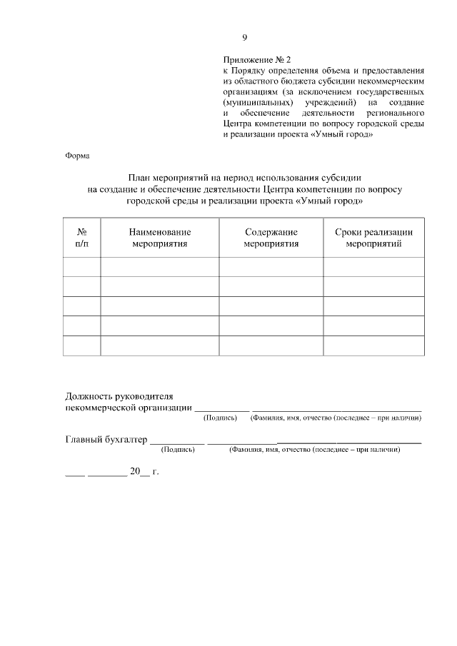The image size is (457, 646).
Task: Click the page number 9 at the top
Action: pyautogui.click(x=244, y=38)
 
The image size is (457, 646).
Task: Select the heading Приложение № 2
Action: pyautogui.click(x=258, y=61)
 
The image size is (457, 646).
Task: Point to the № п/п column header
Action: pyautogui.click(x=82, y=238)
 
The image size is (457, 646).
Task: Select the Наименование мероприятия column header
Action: pyautogui.click(x=159, y=238)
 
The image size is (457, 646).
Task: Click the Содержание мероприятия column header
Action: pyautogui.click(x=271, y=238)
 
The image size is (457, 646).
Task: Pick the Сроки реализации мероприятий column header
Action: pyautogui.click(x=374, y=238)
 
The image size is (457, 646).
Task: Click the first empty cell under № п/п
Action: pyautogui.click(x=82, y=267)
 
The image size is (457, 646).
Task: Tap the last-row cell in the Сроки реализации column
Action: pyautogui.click(x=374, y=345)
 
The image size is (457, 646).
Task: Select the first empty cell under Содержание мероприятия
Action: pyautogui.click(x=271, y=267)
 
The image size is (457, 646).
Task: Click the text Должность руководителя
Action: pyautogui.click(x=119, y=395)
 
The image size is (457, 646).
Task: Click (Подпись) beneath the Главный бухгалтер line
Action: pyautogui.click(x=178, y=451)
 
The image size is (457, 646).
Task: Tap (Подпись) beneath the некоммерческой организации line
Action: pyautogui.click(x=221, y=418)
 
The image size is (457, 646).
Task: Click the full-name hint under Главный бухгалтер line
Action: pyautogui.click(x=314, y=451)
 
